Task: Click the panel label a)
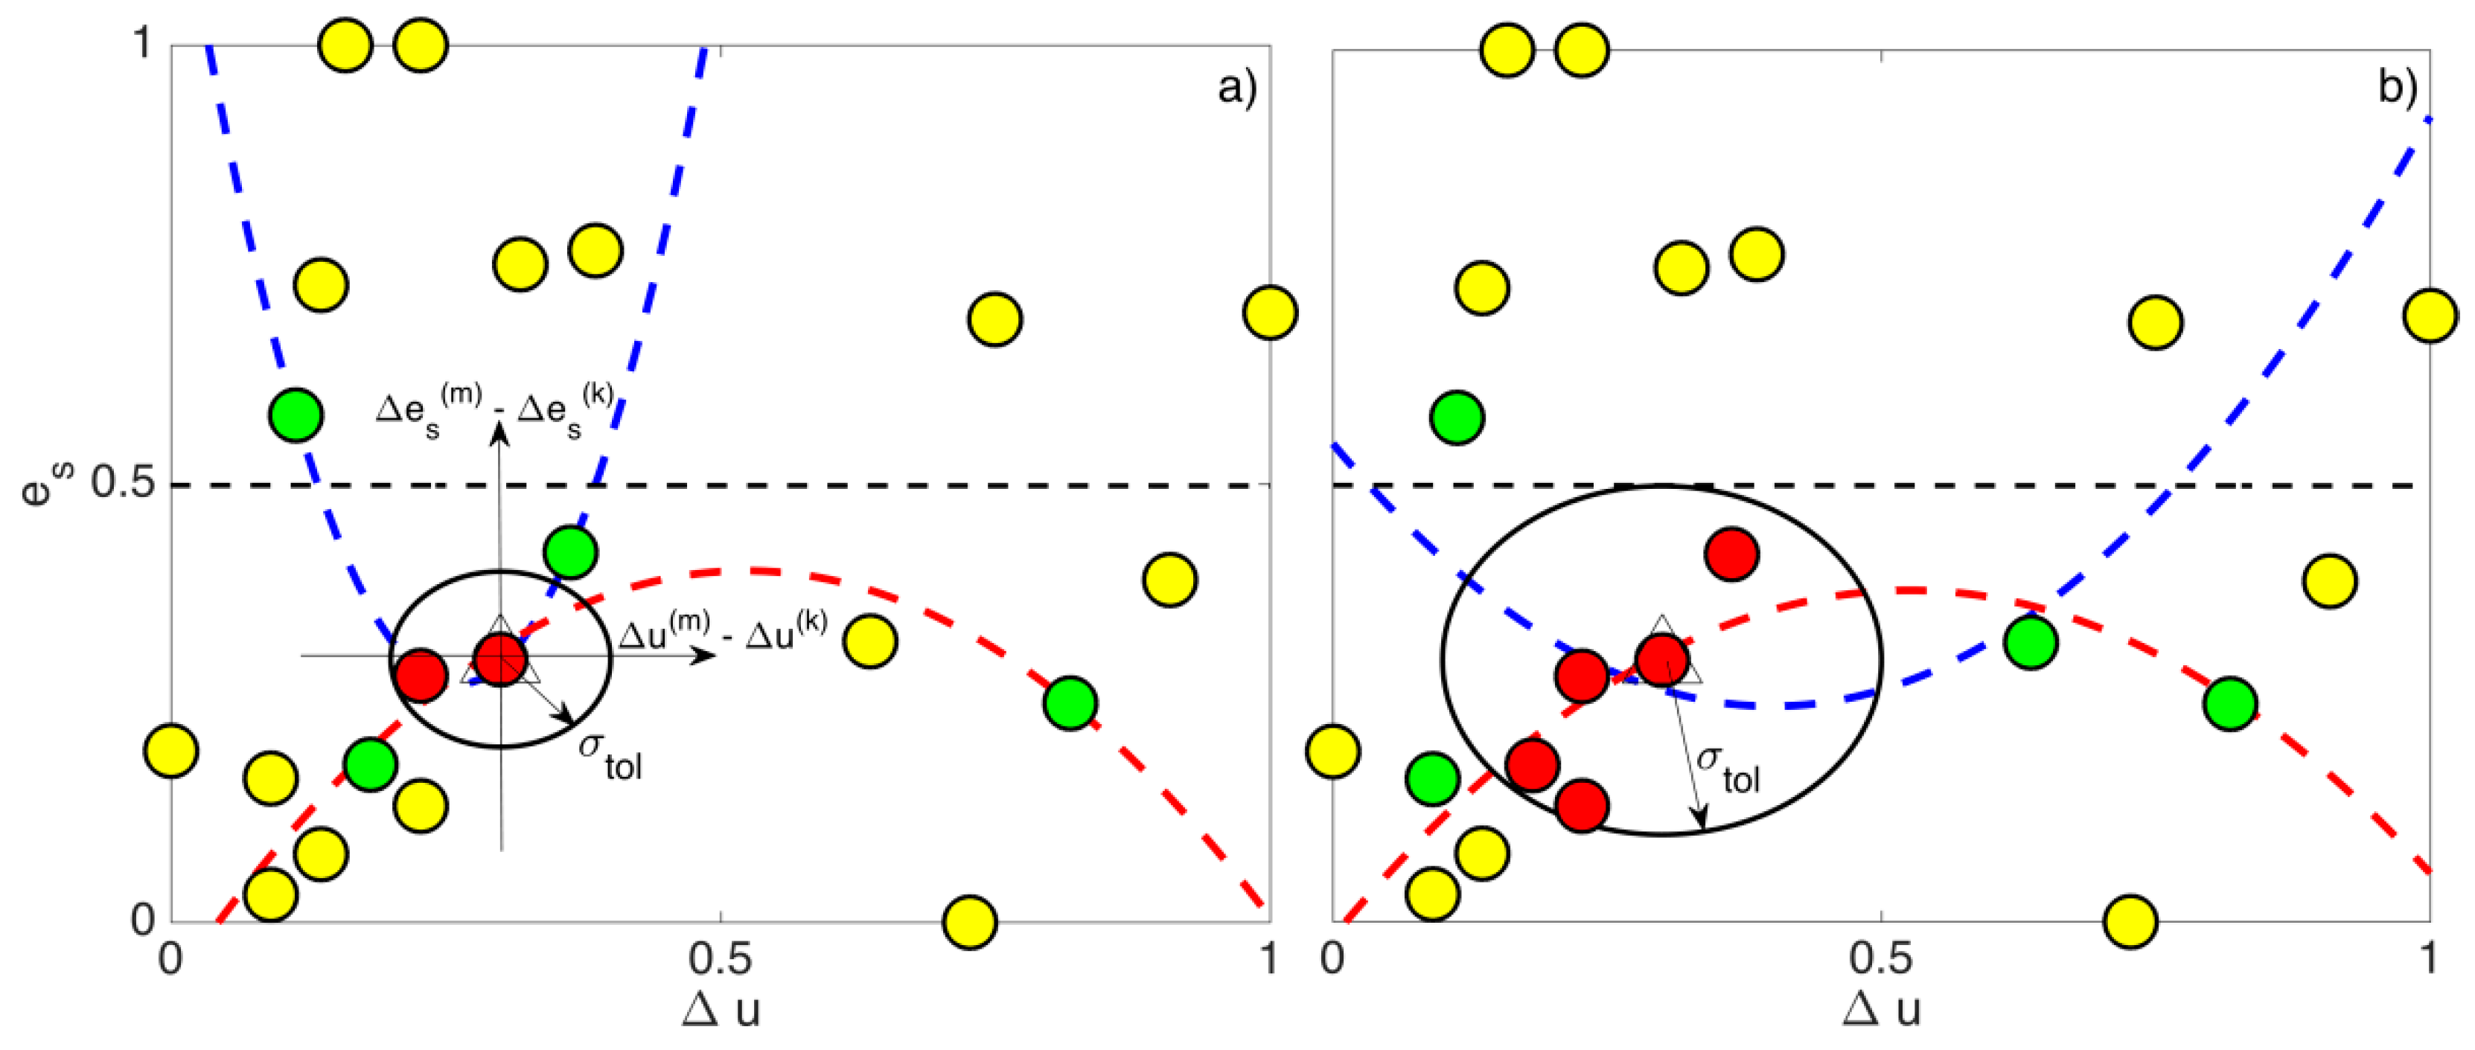(x=1236, y=89)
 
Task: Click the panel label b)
(x=2397, y=89)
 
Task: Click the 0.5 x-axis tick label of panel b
(x=1880, y=958)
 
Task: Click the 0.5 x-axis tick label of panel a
(x=721, y=958)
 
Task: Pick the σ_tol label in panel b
(x=1729, y=769)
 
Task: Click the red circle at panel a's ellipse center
(x=500, y=659)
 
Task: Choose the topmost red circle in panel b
(x=1731, y=554)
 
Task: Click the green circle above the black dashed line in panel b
(x=1457, y=417)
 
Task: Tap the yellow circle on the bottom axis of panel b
(x=2131, y=921)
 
